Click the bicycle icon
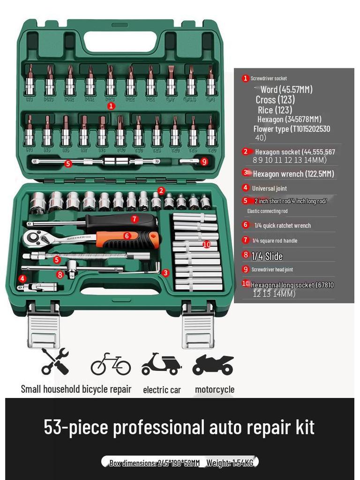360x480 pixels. [111, 364]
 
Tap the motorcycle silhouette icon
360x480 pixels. [213, 364]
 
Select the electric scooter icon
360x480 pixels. [161, 364]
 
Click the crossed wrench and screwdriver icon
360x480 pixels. [55, 361]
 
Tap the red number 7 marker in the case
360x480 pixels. [135, 219]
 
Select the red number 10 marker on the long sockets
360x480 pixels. [207, 244]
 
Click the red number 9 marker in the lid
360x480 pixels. [204, 162]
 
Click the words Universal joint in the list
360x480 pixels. [270, 188]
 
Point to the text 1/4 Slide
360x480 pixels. [267, 256]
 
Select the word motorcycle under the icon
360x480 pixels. [215, 390]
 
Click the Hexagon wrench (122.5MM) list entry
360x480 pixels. [293, 174]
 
